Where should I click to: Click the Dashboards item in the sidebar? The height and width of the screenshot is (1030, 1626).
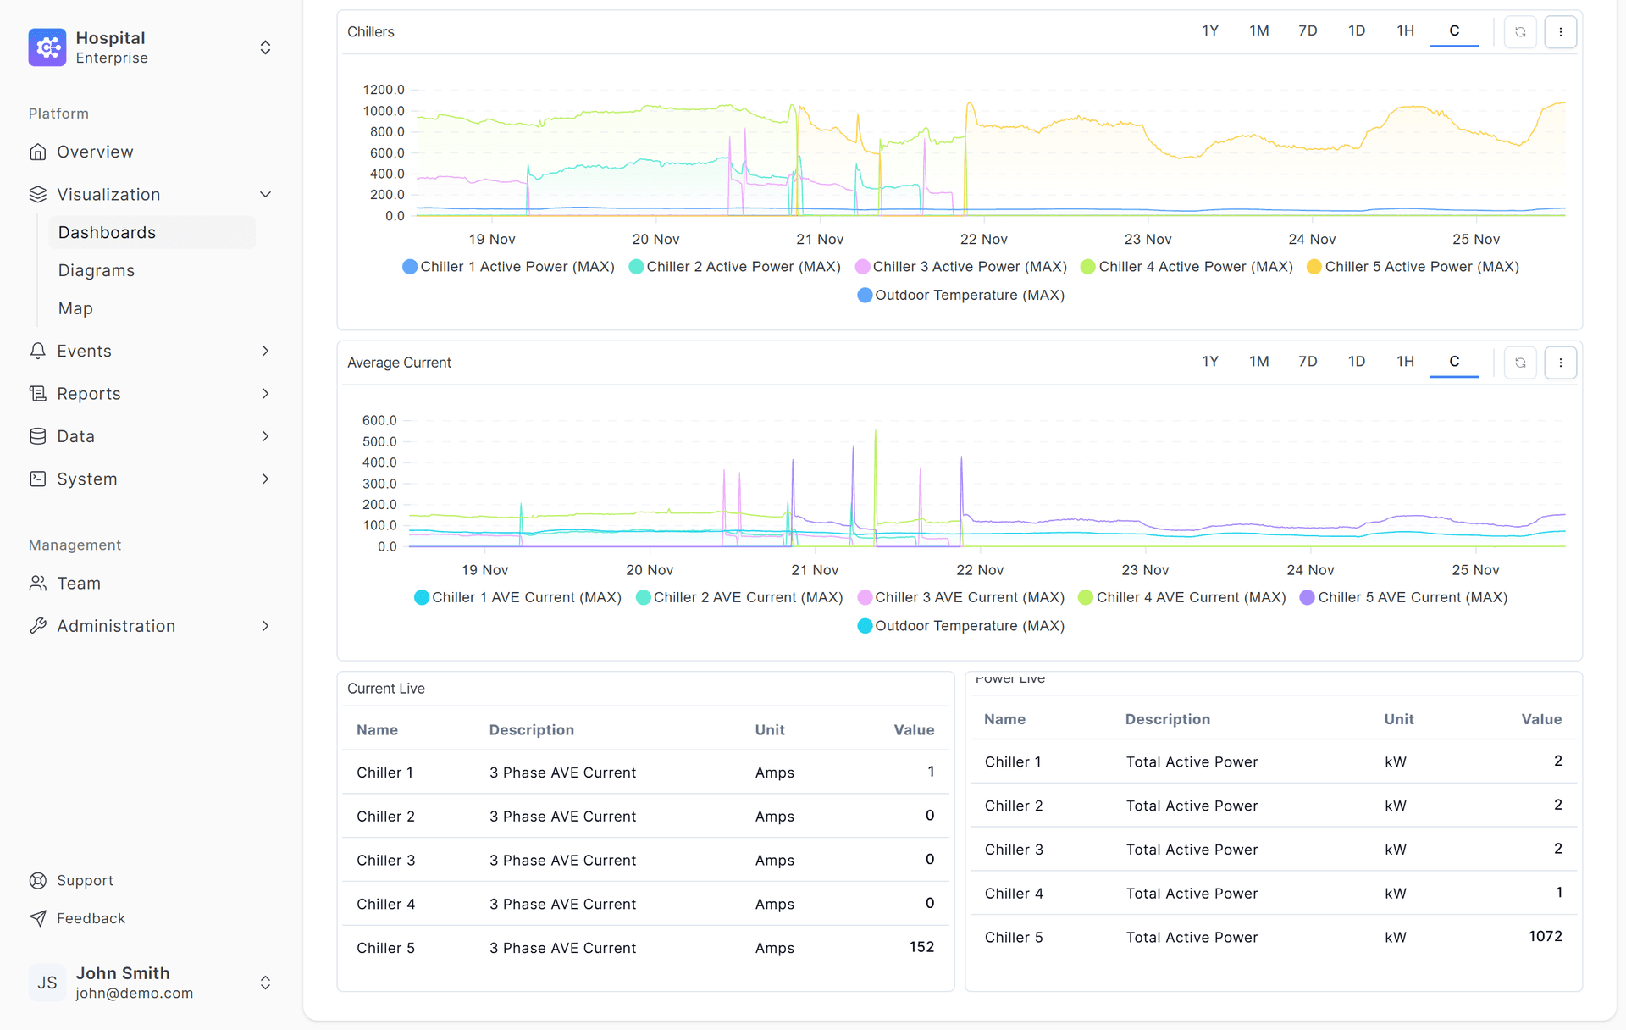click(107, 233)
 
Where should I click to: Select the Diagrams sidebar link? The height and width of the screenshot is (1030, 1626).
click(96, 271)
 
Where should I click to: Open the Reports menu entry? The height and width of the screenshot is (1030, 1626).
click(88, 394)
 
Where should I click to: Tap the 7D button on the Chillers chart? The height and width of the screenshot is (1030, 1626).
click(1308, 31)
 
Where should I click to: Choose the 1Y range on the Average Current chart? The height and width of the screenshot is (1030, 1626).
click(1210, 362)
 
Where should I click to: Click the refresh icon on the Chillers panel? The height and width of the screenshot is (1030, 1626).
click(1520, 32)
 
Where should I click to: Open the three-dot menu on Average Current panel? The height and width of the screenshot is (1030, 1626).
click(1560, 363)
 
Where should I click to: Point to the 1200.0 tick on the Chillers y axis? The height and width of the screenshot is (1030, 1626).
click(384, 90)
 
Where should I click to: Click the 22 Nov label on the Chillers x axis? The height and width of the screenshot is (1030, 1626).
click(983, 240)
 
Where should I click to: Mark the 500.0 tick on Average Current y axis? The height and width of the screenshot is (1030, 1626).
click(379, 441)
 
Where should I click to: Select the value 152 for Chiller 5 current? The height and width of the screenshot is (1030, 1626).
click(921, 947)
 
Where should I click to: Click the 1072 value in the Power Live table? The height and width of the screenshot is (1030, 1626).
click(1545, 936)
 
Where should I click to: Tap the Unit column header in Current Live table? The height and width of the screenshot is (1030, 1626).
click(770, 730)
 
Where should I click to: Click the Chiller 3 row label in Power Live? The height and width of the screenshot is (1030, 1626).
click(1014, 850)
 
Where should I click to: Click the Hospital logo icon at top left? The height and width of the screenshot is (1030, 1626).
click(47, 47)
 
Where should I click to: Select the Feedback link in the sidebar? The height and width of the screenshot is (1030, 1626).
click(91, 918)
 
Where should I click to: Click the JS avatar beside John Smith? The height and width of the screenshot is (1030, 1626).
click(47, 983)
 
